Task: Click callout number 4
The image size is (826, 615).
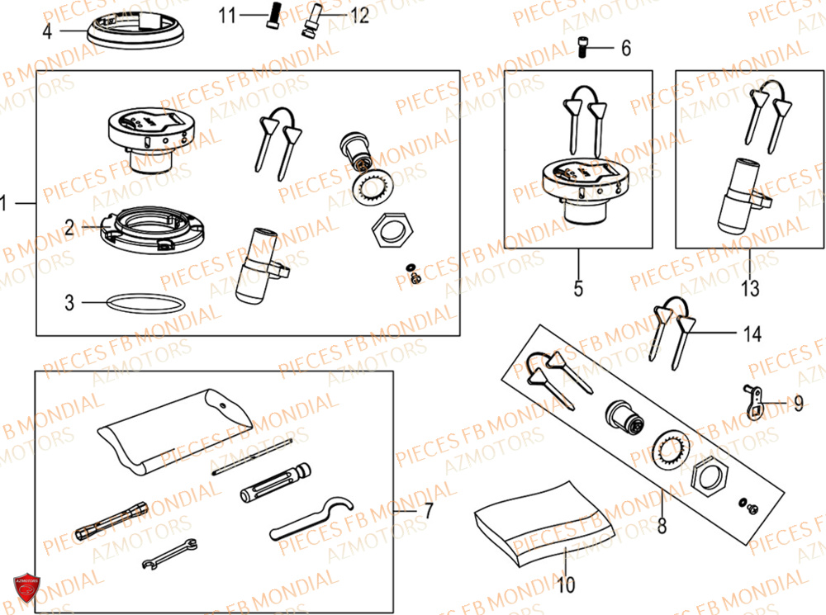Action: click(47, 32)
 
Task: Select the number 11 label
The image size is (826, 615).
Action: click(227, 15)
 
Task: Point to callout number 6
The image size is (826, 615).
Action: click(625, 49)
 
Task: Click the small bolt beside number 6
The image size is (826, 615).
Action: click(581, 50)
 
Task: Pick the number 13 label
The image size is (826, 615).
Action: click(749, 289)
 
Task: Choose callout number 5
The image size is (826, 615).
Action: click(578, 289)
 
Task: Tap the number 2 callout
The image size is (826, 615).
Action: click(69, 228)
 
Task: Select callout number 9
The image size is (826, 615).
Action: click(798, 404)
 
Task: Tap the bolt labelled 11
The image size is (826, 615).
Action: click(271, 17)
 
